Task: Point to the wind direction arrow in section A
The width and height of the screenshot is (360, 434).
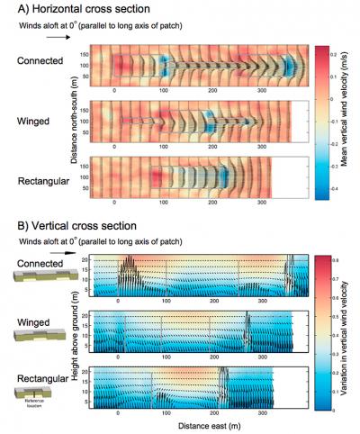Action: click(x=32, y=40)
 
